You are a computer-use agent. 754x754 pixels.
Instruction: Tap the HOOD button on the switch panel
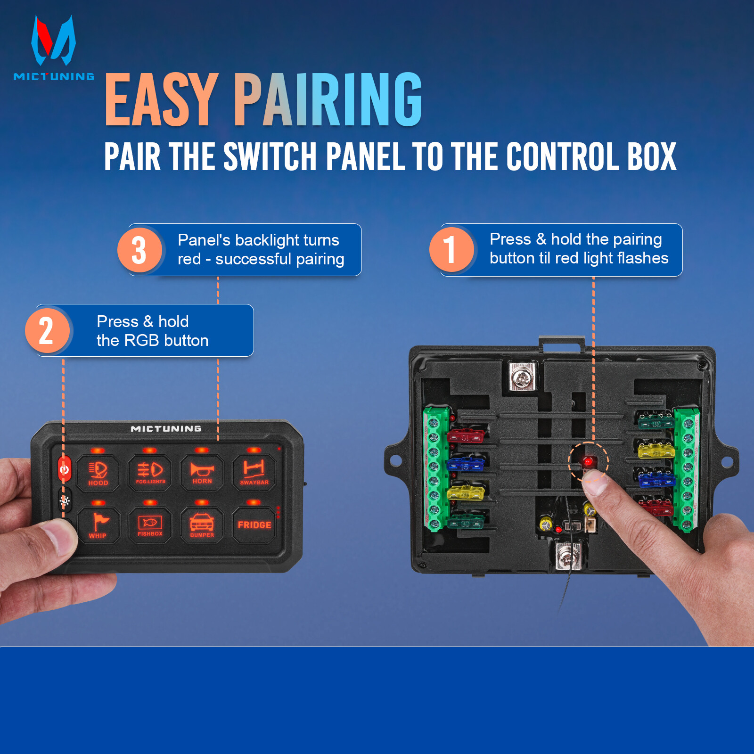tap(98, 473)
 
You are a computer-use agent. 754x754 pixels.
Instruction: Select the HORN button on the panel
tap(202, 473)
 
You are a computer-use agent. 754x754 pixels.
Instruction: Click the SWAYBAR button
tap(254, 473)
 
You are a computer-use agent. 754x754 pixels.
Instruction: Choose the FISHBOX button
tap(150, 525)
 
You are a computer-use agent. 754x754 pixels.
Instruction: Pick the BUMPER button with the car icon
tap(202, 525)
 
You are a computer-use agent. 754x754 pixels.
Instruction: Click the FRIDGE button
tap(254, 525)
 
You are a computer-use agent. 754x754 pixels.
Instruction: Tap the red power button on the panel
tap(65, 469)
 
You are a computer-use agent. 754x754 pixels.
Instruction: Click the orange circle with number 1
tap(451, 250)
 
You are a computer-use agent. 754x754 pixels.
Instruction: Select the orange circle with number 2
tap(47, 331)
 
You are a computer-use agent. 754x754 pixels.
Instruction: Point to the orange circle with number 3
tap(139, 250)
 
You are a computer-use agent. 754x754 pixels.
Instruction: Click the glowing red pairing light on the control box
tap(588, 461)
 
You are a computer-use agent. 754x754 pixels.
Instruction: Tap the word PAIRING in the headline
tap(328, 100)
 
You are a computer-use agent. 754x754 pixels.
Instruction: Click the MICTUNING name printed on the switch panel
tap(166, 428)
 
